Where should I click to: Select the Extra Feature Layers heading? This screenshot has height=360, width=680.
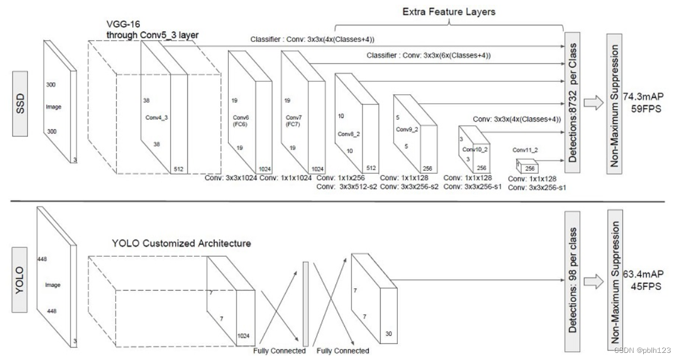point(449,11)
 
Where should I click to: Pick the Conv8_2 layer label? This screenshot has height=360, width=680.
point(345,134)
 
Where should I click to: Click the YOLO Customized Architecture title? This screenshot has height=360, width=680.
point(181,243)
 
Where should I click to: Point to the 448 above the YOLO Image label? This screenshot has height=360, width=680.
point(41,259)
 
